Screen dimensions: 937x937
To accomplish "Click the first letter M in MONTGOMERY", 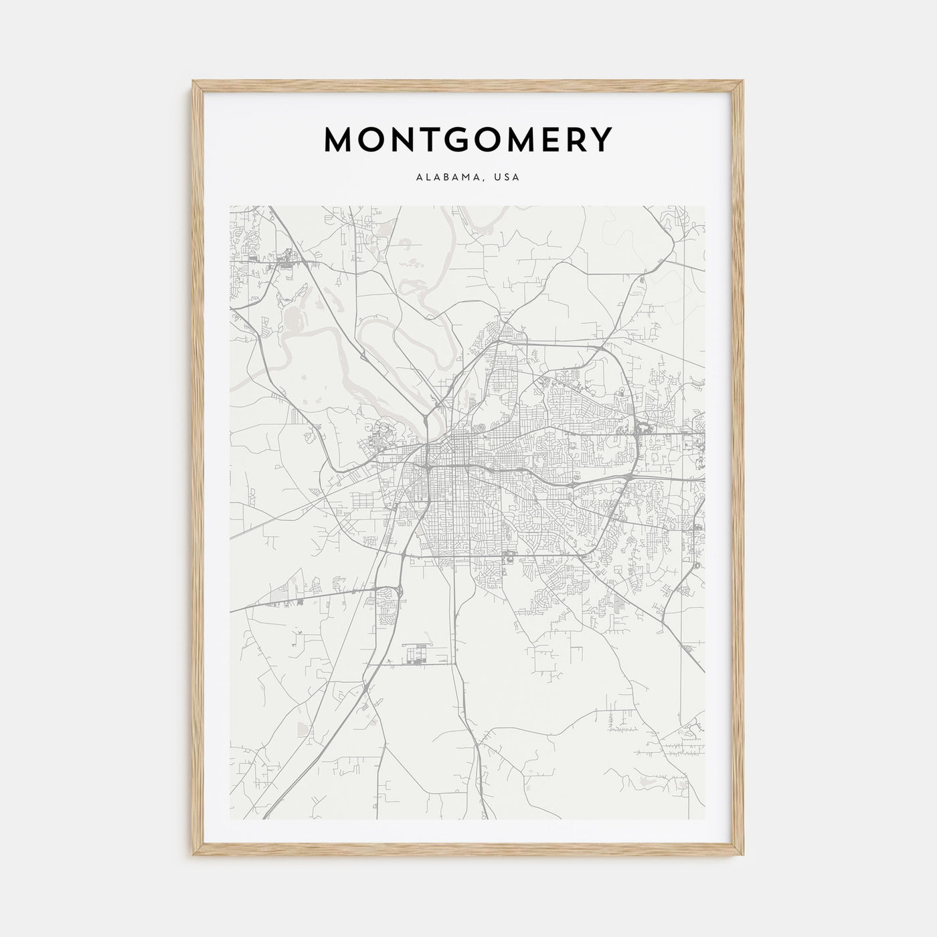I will tap(339, 140).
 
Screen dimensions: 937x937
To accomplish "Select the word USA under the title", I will tap(507, 178).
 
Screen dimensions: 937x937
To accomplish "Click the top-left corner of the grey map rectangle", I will tap(230, 206).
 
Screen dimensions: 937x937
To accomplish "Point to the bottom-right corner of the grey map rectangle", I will tap(705, 819).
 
